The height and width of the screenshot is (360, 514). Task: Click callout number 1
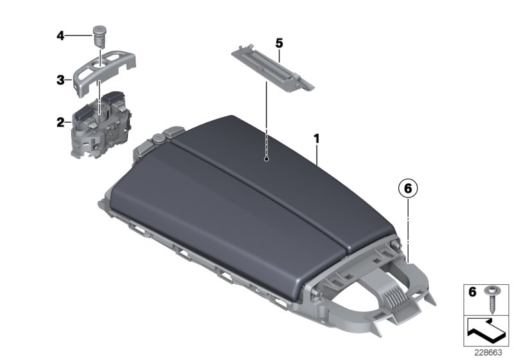(315, 138)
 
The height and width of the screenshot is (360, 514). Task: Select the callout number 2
(59, 121)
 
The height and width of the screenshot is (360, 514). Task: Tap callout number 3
(59, 80)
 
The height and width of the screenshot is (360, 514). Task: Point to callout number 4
(60, 36)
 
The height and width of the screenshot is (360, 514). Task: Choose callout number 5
(279, 43)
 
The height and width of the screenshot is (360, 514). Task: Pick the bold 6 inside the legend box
(472, 292)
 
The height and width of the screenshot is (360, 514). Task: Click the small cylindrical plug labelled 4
(100, 33)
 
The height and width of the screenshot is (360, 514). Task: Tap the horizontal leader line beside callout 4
(79, 36)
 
